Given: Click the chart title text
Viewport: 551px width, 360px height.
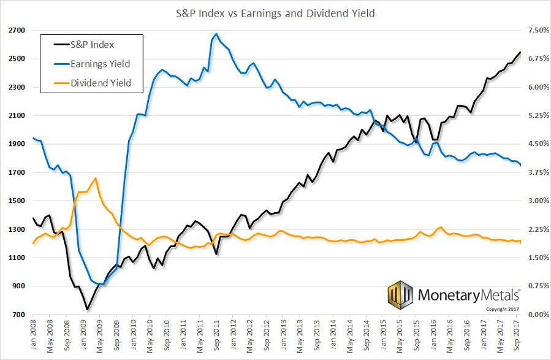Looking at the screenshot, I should pyautogui.click(x=275, y=12).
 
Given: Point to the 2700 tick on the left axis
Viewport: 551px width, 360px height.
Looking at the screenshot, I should pyautogui.click(x=17, y=31).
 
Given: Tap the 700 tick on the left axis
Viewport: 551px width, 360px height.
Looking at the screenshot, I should pyautogui.click(x=18, y=315).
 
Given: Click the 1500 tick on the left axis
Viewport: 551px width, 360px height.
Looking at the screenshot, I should pyautogui.click(x=17, y=201).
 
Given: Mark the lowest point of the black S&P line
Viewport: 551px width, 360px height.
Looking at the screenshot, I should pyautogui.click(x=87, y=309).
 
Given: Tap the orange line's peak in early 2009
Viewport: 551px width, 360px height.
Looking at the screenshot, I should pyautogui.click(x=95, y=178).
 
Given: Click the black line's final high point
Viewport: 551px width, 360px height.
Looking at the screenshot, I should pyautogui.click(x=520, y=52).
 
